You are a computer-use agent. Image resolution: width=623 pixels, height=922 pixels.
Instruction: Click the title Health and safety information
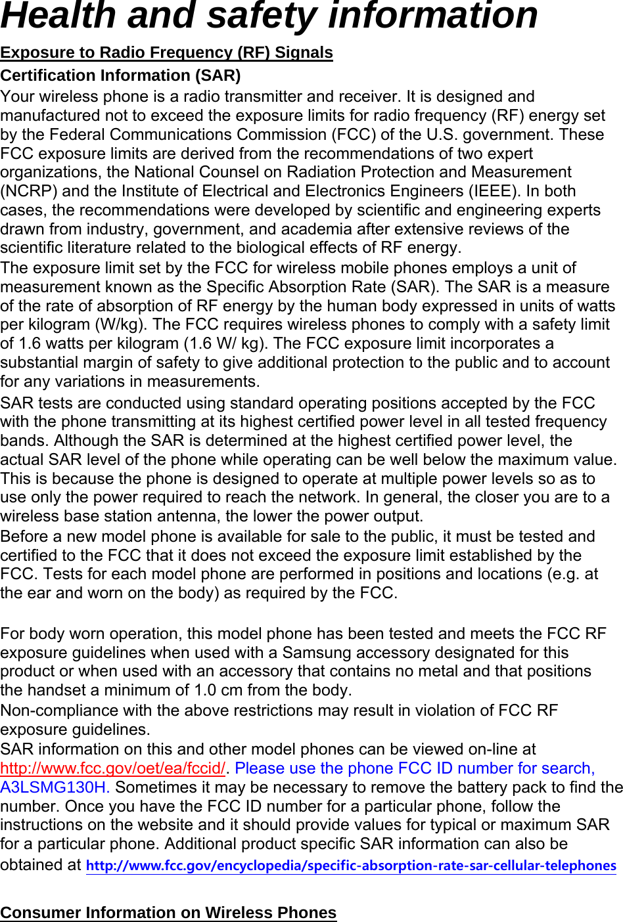(269, 16)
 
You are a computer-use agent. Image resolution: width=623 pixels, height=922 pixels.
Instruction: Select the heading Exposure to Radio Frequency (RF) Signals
(166, 53)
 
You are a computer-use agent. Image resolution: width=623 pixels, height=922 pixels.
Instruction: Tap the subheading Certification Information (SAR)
(120, 76)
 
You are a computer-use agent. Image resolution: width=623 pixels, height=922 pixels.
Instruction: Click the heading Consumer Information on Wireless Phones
(168, 913)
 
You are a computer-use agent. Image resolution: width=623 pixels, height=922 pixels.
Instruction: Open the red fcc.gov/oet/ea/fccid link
(112, 768)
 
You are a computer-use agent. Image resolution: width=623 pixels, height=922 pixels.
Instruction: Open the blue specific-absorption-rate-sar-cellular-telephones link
(351, 866)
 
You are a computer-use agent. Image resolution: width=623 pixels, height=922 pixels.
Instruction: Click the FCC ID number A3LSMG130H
(54, 787)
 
